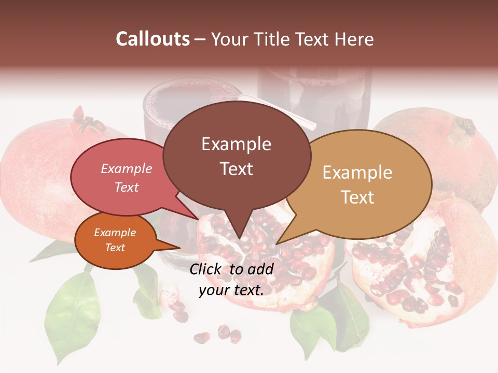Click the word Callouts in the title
(x=153, y=39)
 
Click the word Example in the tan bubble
(x=357, y=173)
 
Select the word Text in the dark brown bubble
(x=237, y=169)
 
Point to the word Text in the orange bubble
(x=115, y=248)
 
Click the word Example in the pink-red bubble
(x=127, y=168)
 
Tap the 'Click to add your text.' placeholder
(x=231, y=279)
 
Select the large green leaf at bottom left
(x=73, y=311)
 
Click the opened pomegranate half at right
(x=415, y=269)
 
